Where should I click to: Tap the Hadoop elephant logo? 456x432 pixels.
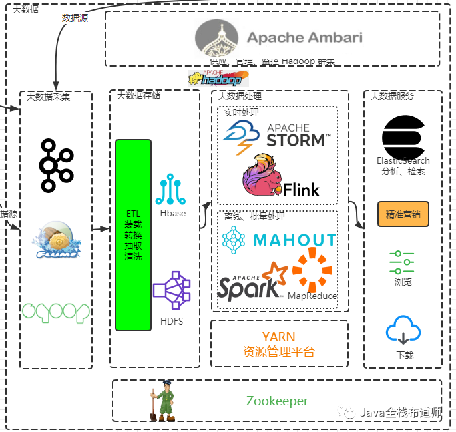(214, 78)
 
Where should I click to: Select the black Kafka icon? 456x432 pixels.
(55, 165)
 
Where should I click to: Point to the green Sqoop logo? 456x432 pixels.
(55, 311)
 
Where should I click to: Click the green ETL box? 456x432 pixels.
(133, 234)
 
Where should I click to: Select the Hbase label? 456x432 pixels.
(173, 213)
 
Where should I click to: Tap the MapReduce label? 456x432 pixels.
(312, 296)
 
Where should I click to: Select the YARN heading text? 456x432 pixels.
(278, 337)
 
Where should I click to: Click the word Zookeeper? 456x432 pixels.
(277, 401)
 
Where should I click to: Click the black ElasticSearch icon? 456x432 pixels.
(403, 136)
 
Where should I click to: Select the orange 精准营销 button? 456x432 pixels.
(403, 214)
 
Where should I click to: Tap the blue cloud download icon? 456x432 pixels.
(403, 331)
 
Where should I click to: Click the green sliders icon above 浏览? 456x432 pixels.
(402, 262)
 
